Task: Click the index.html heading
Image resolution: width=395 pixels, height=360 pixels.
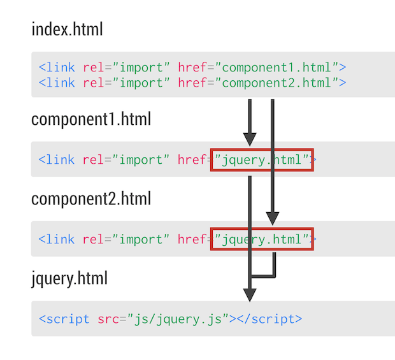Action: tap(67, 29)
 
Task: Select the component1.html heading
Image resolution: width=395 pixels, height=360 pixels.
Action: tap(91, 119)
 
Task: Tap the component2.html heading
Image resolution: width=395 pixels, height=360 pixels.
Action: tap(91, 198)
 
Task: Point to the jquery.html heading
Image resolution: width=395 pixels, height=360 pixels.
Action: tap(69, 278)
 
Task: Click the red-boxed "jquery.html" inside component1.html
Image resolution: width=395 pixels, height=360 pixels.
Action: tap(262, 160)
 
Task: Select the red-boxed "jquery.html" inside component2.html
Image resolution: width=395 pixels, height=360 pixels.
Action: tap(262, 240)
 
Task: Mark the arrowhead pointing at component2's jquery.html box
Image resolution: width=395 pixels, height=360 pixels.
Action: tap(273, 218)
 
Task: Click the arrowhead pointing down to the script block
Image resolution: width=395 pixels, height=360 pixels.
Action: tap(250, 294)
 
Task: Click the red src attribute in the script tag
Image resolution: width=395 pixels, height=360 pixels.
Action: tap(108, 319)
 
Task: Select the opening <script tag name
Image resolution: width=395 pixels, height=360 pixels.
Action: tap(64, 319)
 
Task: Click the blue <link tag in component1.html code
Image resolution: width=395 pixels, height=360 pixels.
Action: tap(57, 160)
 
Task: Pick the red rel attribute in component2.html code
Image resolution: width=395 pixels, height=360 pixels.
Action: tap(93, 240)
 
